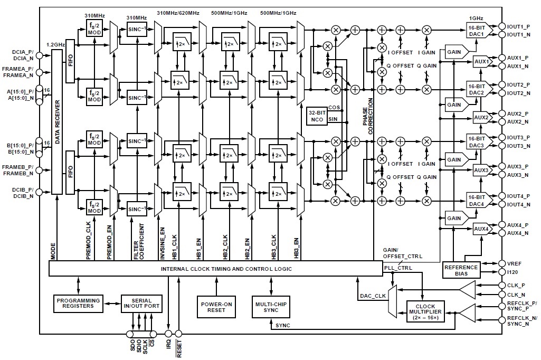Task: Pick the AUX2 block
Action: click(x=481, y=117)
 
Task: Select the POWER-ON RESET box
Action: click(x=216, y=306)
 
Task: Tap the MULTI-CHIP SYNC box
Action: click(x=271, y=306)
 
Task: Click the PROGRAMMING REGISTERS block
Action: click(x=78, y=302)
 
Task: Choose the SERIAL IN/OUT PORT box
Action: click(x=142, y=302)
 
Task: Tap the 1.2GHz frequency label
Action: click(x=55, y=45)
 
